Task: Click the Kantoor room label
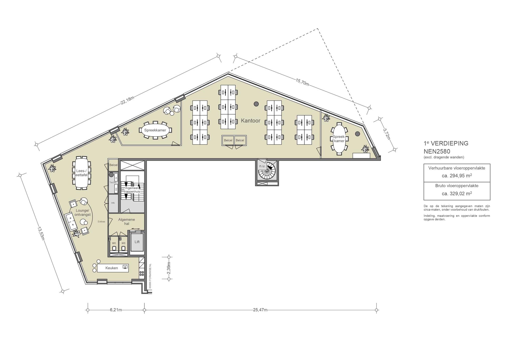(x=250, y=121)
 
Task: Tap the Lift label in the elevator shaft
(x=137, y=242)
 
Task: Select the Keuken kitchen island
(x=113, y=268)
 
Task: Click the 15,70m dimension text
(x=302, y=82)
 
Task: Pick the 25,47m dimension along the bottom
(x=260, y=310)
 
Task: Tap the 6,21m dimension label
(x=116, y=310)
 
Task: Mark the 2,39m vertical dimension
(x=169, y=268)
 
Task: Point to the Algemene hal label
(x=126, y=221)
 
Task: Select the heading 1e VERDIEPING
(x=446, y=143)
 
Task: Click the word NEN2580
(x=437, y=152)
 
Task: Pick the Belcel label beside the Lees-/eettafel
(x=113, y=165)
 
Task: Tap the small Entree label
(x=101, y=221)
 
